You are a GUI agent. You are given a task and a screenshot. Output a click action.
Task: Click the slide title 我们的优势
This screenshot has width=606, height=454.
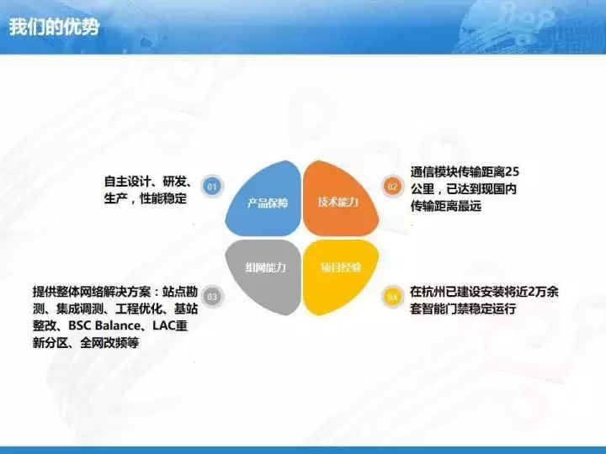(54, 27)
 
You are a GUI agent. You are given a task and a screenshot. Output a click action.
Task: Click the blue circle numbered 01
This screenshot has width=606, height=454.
(212, 187)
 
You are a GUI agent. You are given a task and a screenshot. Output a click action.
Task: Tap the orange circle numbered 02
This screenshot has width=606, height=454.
(392, 187)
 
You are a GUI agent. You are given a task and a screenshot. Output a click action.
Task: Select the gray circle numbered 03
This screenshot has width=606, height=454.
(212, 297)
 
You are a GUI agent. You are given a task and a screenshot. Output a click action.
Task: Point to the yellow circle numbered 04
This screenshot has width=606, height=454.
(392, 297)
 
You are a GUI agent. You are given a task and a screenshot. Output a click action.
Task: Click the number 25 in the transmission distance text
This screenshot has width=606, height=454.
(512, 172)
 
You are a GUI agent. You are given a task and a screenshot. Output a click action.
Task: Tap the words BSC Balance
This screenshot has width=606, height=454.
(104, 325)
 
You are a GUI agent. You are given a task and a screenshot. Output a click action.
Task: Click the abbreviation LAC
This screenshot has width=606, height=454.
(164, 325)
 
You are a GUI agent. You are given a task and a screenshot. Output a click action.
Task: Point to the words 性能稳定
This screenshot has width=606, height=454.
(163, 198)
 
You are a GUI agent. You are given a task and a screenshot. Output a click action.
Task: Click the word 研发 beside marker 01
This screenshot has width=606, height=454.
(175, 182)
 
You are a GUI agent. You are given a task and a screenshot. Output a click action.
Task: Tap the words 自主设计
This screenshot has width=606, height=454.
(128, 182)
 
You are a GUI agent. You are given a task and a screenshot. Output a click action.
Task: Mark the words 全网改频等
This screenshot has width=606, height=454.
(109, 343)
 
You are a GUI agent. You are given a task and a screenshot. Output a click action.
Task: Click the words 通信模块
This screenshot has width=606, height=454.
(434, 172)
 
